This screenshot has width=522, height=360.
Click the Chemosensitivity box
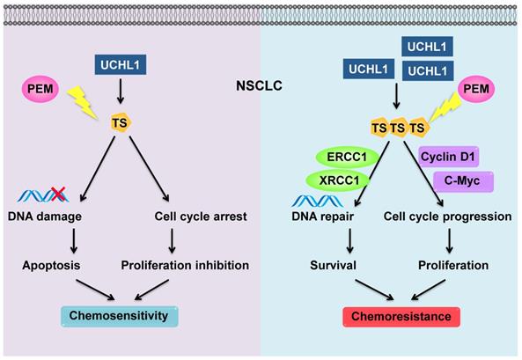click(x=119, y=316)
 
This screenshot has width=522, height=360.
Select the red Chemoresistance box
click(x=401, y=317)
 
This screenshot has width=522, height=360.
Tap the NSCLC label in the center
click(x=259, y=85)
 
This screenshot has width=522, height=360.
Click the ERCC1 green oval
click(x=347, y=157)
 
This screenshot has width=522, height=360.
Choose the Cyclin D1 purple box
click(x=448, y=157)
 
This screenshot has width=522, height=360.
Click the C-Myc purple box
click(x=463, y=181)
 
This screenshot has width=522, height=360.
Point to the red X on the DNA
click(x=57, y=194)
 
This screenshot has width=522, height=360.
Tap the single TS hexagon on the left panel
click(x=121, y=122)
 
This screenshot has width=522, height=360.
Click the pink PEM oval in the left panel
click(x=40, y=89)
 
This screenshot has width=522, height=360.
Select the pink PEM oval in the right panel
click(x=476, y=89)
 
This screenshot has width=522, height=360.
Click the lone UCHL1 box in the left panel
click(x=121, y=64)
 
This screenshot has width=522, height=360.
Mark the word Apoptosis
click(x=51, y=266)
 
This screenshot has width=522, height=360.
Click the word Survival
click(x=333, y=266)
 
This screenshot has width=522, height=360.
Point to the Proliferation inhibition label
click(x=185, y=266)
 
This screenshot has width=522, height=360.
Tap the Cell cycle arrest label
click(x=201, y=217)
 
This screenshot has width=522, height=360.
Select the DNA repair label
click(x=322, y=217)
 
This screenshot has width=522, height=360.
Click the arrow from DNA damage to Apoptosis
click(x=74, y=241)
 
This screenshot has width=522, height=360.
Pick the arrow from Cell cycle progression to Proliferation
click(x=450, y=241)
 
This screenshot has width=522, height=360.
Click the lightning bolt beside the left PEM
click(x=82, y=101)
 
